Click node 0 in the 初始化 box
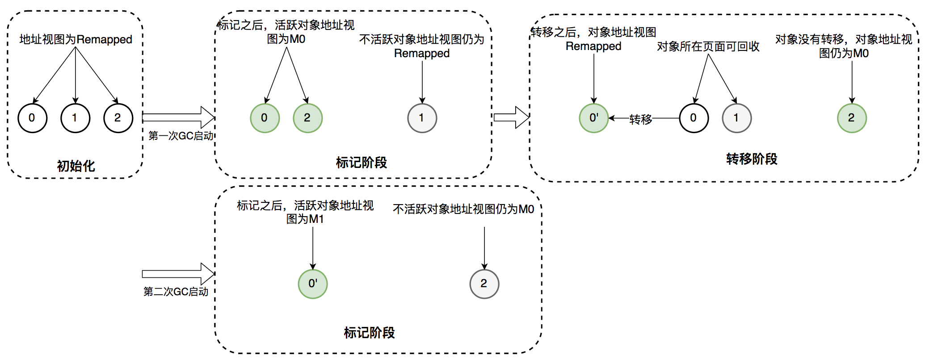click(x=32, y=118)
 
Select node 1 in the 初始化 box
click(x=75, y=118)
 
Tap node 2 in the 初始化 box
click(x=118, y=118)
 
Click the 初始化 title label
click(x=76, y=166)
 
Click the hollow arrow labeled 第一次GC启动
click(x=178, y=117)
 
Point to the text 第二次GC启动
click(x=176, y=292)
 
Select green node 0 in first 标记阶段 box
click(x=265, y=118)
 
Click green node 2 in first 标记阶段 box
click(x=307, y=118)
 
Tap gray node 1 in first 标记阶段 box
click(x=422, y=118)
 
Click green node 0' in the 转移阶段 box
click(x=593, y=118)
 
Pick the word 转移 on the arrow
click(x=640, y=119)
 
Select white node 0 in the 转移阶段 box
click(x=694, y=118)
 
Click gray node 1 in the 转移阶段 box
click(x=736, y=118)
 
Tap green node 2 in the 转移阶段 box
click(x=852, y=118)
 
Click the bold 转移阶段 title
click(x=752, y=159)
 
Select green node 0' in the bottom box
click(x=313, y=284)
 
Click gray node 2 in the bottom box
click(x=484, y=284)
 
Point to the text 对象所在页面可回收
click(x=708, y=46)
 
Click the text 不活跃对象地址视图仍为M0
click(x=463, y=209)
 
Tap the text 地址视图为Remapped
click(x=76, y=39)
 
